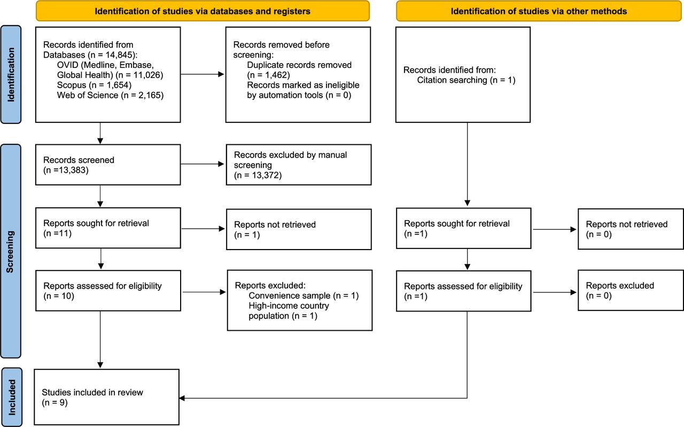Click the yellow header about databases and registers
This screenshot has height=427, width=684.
coord(203,11)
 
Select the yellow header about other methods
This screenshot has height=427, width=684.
coord(539,11)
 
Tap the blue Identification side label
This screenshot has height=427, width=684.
coord(11,74)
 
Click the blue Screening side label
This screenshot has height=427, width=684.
coord(11,251)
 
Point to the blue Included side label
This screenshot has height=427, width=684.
coord(12,397)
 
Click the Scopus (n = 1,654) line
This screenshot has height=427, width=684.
coord(94,85)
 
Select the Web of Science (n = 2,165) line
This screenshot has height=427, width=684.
coord(110,95)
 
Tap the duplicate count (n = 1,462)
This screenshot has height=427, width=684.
coord(268,75)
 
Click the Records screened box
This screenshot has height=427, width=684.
coord(108,165)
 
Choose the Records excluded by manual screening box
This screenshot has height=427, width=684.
coord(299,165)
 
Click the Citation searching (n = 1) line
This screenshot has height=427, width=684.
coord(466,80)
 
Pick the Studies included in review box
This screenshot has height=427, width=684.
coord(106,397)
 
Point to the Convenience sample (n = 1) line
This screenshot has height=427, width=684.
coord(304,296)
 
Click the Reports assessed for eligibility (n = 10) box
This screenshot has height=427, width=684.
coord(108,291)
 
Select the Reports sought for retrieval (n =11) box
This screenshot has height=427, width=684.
coord(108,228)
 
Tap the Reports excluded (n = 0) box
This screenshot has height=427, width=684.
coord(631,290)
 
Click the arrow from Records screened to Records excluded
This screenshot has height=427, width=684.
coord(203,164)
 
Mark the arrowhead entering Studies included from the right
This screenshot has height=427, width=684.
coord(182,398)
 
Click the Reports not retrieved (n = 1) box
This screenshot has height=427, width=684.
coord(299,229)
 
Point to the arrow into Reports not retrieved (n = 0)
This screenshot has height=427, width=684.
coord(555,229)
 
